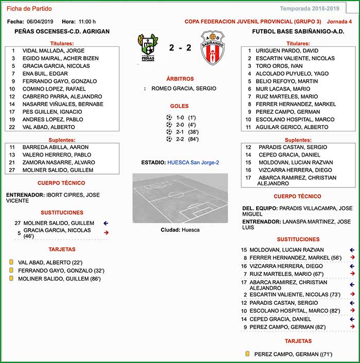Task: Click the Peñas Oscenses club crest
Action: coord(148,48)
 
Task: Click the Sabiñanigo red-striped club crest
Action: coord(212,49)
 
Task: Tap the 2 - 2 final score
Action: coord(179,48)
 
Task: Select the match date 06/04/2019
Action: coord(40,22)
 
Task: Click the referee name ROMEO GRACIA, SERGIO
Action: coord(184,89)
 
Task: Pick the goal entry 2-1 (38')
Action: coord(185,132)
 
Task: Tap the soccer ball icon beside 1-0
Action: coord(169,117)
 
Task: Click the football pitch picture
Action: coord(180,198)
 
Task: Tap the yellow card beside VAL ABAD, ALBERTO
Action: coord(10,262)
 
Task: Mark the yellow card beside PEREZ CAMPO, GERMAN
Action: coord(247,354)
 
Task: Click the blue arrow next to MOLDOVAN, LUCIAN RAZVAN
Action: coord(352,250)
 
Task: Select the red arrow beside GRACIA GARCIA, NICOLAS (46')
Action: coord(106,233)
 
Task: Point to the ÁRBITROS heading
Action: coord(180,79)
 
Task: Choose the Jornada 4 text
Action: coord(339,22)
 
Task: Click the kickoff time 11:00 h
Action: coord(87,22)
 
